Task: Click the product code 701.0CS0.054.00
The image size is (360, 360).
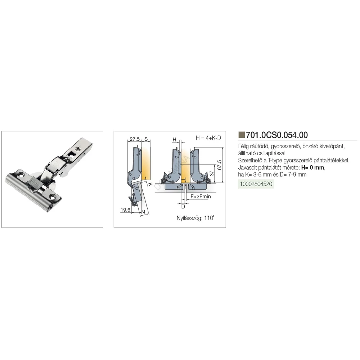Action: tap(276, 135)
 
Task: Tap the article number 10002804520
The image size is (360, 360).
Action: tap(256, 184)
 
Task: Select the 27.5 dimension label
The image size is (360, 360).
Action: tap(135, 139)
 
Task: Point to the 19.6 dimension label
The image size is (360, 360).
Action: tap(125, 210)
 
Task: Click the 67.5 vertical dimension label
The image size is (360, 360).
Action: tap(219, 165)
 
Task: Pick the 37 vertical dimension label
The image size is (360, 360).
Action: tap(212, 174)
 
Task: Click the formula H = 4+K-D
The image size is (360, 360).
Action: tap(208, 138)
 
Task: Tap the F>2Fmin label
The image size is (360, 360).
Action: tap(201, 197)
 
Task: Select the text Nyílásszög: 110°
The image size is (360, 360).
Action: tap(195, 218)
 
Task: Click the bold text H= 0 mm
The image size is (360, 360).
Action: tap(313, 167)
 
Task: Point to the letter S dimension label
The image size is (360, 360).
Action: tap(146, 139)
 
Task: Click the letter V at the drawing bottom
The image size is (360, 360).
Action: tap(144, 212)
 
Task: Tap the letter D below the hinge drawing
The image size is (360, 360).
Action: tap(183, 207)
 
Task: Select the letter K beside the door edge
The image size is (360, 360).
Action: tap(150, 184)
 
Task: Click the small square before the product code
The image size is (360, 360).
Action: tap(242, 135)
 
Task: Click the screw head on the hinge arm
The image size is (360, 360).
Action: tap(78, 149)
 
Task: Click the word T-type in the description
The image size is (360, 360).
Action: tap(275, 161)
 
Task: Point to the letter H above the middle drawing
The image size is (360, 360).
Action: tap(175, 139)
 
